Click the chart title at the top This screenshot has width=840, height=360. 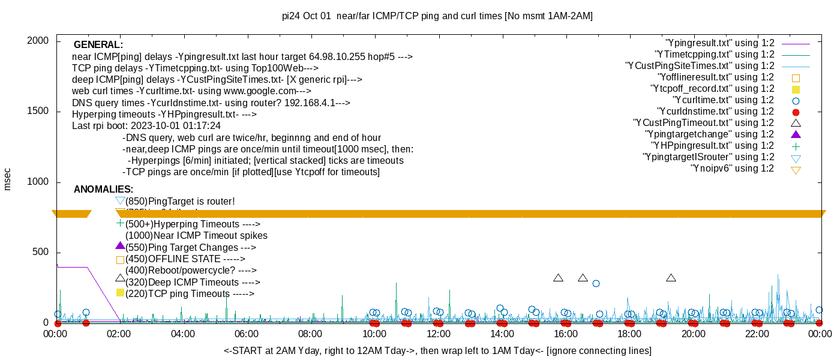[437, 16]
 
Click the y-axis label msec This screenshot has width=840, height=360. [8, 179]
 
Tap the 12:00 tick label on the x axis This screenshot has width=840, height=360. [437, 334]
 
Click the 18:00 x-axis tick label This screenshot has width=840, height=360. [628, 334]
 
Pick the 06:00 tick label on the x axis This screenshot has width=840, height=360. [246, 334]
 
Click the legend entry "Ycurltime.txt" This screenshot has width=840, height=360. [724, 100]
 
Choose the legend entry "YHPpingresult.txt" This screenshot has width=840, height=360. [713, 146]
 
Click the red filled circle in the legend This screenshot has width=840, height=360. [796, 112]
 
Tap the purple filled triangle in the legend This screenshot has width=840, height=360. [796, 134]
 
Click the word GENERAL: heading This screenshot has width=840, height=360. [98, 45]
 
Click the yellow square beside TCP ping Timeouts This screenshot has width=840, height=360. [120, 293]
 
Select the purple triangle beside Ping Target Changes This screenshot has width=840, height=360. [120, 246]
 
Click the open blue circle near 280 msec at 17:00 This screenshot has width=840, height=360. [596, 284]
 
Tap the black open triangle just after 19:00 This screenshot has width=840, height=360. [671, 278]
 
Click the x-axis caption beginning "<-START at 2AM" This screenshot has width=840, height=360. [437, 350]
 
